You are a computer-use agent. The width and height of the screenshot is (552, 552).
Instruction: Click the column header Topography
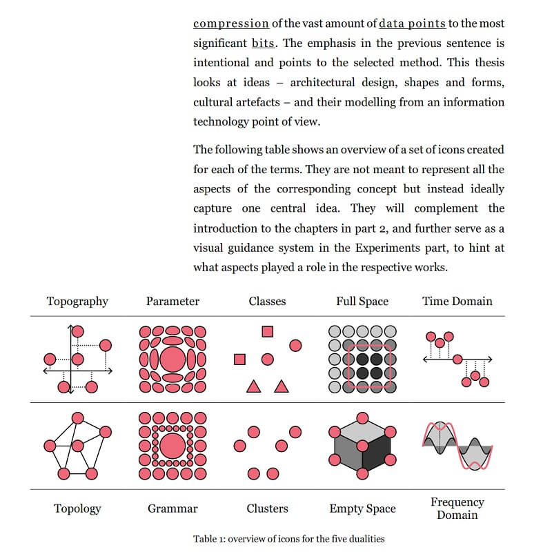coord(77,301)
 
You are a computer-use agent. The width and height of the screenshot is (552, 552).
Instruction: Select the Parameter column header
coord(172,301)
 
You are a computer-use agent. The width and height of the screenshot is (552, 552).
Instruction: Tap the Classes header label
coord(267,301)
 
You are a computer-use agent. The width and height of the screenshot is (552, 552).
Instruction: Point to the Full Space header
coord(362,301)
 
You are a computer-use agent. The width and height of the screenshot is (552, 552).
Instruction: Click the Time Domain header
coord(457,301)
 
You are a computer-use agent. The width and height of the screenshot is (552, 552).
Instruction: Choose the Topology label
coord(77,509)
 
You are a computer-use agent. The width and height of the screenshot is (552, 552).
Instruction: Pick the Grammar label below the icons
coord(172,509)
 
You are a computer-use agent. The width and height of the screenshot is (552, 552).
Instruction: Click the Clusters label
coord(267,509)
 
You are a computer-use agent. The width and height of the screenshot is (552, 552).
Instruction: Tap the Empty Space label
coord(362,509)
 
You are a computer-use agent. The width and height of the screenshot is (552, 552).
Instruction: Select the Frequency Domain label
coord(457,509)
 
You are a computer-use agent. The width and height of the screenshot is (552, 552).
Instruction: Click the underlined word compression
coord(230,23)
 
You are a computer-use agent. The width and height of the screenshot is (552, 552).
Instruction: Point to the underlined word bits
coord(263,43)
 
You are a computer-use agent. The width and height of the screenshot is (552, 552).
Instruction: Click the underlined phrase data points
coord(412,23)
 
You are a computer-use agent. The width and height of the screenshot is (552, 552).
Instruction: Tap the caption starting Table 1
coord(288,538)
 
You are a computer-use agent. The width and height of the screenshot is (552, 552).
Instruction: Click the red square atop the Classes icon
coord(268,331)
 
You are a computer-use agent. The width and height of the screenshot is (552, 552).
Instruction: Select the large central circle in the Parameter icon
coord(172,359)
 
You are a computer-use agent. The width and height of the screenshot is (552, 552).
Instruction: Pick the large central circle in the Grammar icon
coord(172,445)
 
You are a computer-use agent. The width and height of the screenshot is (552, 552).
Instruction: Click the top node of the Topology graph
coord(78,417)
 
